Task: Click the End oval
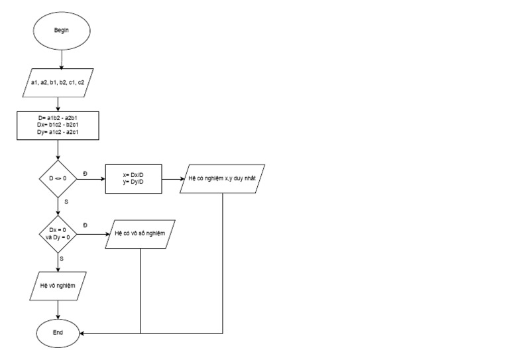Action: coord(59,332)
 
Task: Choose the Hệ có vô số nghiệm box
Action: coord(141,233)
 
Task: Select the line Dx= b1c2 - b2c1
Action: coord(59,125)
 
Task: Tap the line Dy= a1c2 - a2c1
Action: coord(59,133)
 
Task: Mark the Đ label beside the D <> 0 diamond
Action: coord(85,173)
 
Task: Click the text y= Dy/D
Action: coord(133,182)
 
